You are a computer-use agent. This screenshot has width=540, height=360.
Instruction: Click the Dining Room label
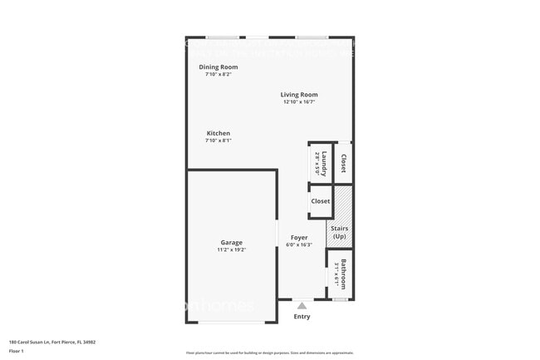pyautogui.click(x=218, y=67)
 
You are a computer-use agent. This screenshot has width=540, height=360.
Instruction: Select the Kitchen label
pyautogui.click(x=218, y=133)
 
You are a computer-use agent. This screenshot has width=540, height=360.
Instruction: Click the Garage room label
pyautogui.click(x=232, y=242)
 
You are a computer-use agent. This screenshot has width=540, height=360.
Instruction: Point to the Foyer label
pyautogui.click(x=298, y=237)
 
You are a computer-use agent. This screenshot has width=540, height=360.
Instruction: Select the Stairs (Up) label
pyautogui.click(x=339, y=232)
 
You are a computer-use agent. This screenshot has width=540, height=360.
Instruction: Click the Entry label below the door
pyautogui.click(x=302, y=316)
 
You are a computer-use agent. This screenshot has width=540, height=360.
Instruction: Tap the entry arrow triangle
pyautogui.click(x=302, y=305)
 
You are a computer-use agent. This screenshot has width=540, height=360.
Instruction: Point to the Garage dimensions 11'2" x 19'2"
pyautogui.click(x=232, y=249)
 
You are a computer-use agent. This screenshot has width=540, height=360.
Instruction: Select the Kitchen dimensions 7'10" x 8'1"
pyautogui.click(x=218, y=141)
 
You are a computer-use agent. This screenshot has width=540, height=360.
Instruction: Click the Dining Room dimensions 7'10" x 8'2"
pyautogui.click(x=218, y=74)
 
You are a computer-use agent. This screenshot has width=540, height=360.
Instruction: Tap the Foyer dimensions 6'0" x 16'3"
pyautogui.click(x=298, y=244)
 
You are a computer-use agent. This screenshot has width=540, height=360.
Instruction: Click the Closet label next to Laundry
pyautogui.click(x=343, y=162)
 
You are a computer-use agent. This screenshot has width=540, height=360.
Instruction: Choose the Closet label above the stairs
pyautogui.click(x=321, y=201)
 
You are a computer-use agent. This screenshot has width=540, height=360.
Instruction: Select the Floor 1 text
pyautogui.click(x=17, y=350)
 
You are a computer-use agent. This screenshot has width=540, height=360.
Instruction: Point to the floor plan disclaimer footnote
pyautogui.click(x=269, y=353)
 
